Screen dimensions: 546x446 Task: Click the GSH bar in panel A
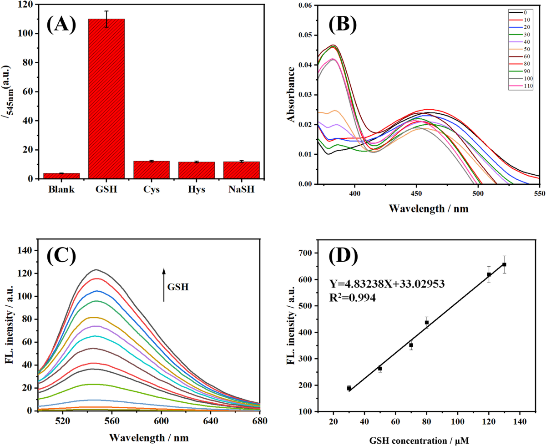(x=106, y=99)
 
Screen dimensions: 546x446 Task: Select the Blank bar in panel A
(x=61, y=176)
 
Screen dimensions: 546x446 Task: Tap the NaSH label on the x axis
(x=241, y=189)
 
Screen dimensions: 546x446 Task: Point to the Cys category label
(x=152, y=190)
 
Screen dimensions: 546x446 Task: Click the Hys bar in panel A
(x=197, y=170)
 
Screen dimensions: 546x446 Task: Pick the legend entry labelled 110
(x=521, y=86)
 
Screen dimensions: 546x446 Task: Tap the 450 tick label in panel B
(x=416, y=193)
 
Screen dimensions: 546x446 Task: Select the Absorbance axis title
(x=291, y=94)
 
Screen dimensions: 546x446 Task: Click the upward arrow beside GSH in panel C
(x=164, y=285)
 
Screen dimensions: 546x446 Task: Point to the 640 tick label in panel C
(x=211, y=421)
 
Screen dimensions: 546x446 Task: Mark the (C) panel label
(x=61, y=256)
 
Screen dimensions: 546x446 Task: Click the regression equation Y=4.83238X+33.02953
(x=387, y=284)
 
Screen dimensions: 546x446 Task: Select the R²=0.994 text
(x=352, y=298)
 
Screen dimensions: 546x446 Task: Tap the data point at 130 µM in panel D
(x=504, y=264)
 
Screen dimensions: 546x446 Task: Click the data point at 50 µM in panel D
(x=380, y=369)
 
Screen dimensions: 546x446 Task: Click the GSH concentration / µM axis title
(x=419, y=441)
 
